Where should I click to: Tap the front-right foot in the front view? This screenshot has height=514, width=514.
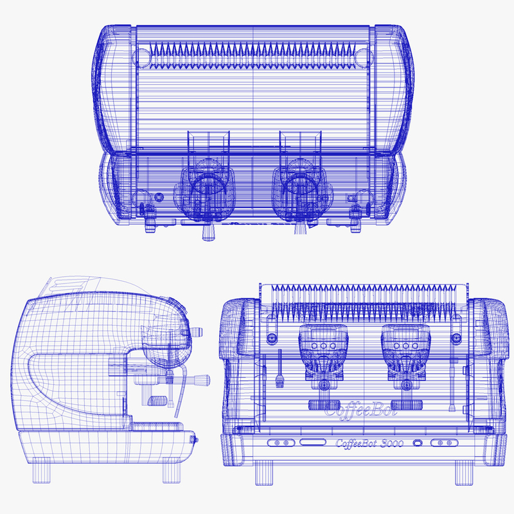point(465,474)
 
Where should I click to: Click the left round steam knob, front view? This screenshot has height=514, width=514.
point(272,337)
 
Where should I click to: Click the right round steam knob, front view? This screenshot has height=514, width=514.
point(457,337)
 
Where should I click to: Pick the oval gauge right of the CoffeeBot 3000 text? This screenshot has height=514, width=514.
point(418,443)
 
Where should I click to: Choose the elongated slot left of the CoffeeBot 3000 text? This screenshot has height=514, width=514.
point(312,442)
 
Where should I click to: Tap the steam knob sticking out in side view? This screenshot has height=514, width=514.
point(194,439)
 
